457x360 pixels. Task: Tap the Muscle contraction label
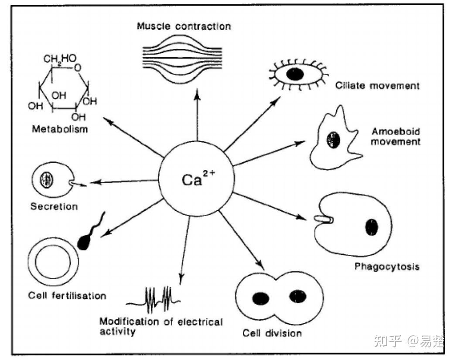point(184,26)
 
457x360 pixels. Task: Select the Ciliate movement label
point(378,86)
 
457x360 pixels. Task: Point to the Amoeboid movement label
point(396,137)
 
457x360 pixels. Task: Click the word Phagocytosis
point(387,266)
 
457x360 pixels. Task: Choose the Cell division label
point(272,333)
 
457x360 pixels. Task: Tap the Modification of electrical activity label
point(161,326)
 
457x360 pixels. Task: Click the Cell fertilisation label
point(67,295)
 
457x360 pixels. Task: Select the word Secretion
point(54,206)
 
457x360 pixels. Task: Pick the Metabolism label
point(60,129)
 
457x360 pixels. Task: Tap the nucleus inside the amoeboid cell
point(334,140)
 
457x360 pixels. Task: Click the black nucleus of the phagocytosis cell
point(372,226)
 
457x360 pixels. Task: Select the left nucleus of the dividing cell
point(261,298)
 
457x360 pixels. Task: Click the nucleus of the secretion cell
point(46,180)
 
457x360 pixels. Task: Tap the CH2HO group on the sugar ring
point(60,58)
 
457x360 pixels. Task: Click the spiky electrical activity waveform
point(153,300)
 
